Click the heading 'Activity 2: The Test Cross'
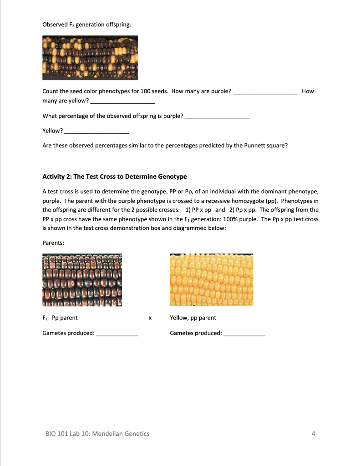point(114,177)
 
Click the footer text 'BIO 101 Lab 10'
point(96,434)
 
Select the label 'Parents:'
point(53,243)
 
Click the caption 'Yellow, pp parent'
point(193,318)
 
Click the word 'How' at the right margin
point(308,91)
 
